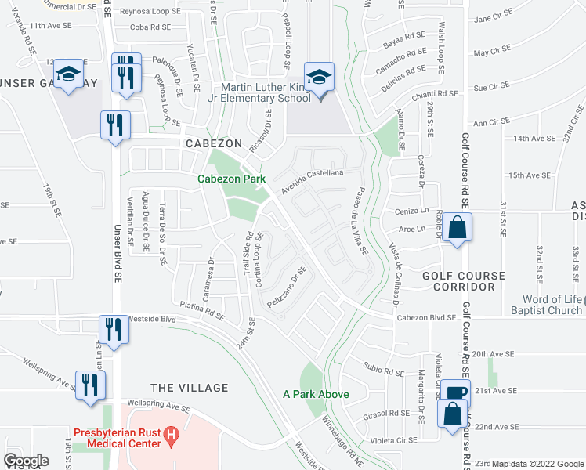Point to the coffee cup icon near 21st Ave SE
click(x=455, y=392)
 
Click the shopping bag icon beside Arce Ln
click(x=457, y=230)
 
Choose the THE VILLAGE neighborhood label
click(x=189, y=388)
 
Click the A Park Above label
click(x=316, y=394)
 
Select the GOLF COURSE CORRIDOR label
click(x=458, y=281)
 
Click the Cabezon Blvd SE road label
click(x=426, y=317)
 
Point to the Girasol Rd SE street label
click(x=387, y=413)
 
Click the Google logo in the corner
click(x=26, y=461)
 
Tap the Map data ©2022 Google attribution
click(x=537, y=464)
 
